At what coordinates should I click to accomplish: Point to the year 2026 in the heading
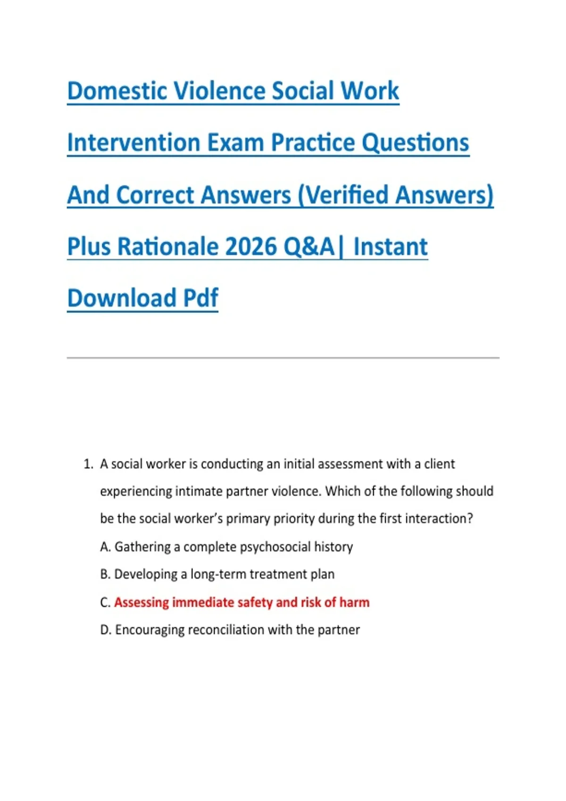251,247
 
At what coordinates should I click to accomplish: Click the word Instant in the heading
390,247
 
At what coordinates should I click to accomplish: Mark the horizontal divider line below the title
283,358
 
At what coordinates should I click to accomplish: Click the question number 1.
88,464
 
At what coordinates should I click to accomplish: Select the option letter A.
105,547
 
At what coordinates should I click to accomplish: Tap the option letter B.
105,574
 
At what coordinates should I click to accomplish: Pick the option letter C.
105,603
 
